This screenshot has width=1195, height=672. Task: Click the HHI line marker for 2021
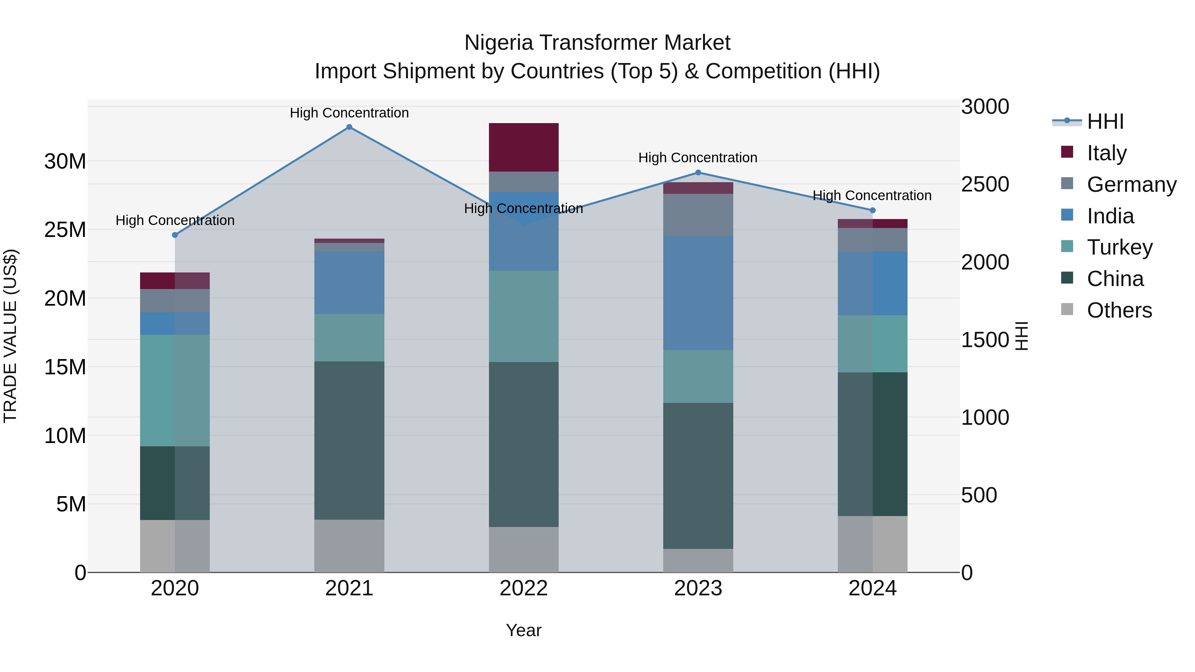coord(349,127)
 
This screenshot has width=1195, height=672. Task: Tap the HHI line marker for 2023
coord(698,173)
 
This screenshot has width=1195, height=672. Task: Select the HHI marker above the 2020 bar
coord(175,235)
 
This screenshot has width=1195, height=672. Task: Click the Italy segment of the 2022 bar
coord(524,147)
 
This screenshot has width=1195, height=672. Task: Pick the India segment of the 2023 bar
coord(698,293)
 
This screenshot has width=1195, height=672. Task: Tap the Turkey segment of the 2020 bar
coord(175,391)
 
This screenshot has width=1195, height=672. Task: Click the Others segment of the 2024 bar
coord(873,544)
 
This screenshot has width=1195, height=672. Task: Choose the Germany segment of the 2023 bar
coord(698,214)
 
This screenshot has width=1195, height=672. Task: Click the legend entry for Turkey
coord(1119,247)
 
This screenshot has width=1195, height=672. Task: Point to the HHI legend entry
coord(1105,121)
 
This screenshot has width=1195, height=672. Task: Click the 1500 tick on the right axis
coord(985,340)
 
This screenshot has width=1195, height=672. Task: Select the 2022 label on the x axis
coord(524,588)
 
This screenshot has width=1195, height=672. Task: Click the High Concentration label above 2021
coord(349,113)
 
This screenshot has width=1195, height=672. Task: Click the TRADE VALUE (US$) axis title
coord(10,336)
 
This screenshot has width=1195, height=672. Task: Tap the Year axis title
coord(524,630)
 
